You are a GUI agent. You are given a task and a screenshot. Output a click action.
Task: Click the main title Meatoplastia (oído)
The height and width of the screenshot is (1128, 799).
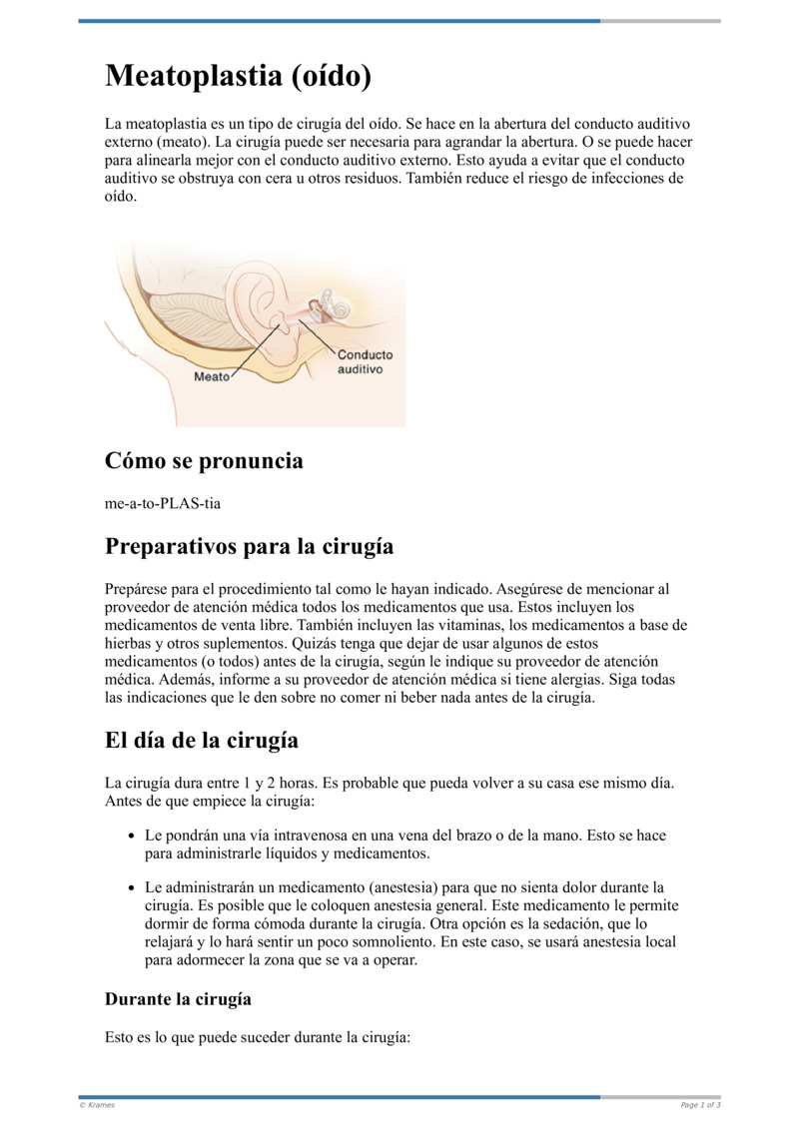[239, 76]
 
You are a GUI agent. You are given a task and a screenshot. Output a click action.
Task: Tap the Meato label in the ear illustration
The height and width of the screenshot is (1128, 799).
[211, 376]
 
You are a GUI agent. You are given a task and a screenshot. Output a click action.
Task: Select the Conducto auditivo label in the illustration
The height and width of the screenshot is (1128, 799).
[365, 361]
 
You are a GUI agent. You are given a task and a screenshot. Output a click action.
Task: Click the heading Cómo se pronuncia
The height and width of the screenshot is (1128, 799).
[204, 461]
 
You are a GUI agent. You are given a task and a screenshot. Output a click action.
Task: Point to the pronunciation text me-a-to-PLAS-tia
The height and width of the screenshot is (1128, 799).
[163, 503]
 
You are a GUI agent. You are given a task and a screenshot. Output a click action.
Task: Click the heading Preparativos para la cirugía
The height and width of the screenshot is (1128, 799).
[249, 547]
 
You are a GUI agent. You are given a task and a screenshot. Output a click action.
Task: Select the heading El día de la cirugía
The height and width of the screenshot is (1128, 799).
[202, 741]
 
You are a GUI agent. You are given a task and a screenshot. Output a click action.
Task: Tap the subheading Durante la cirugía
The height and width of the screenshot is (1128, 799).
[178, 998]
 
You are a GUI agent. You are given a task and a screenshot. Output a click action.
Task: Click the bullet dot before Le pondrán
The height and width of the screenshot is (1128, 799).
[131, 836]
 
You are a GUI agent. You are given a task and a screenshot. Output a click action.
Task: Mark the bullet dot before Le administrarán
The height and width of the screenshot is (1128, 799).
[131, 887]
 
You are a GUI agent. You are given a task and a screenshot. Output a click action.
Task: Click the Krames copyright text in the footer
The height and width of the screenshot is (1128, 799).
[98, 1105]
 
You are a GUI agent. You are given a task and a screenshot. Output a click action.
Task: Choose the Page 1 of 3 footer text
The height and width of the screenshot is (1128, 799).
[700, 1105]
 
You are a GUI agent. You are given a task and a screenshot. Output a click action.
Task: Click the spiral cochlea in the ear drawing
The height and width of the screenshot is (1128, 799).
[340, 308]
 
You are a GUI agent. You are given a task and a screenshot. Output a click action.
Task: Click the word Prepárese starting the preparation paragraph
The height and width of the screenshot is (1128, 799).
[137, 589]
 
